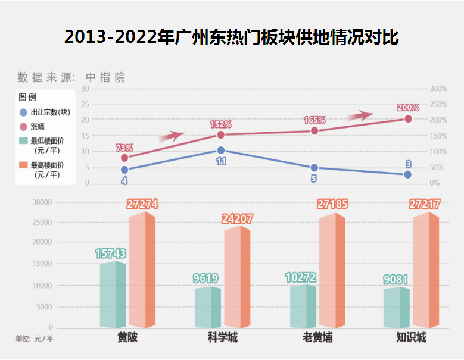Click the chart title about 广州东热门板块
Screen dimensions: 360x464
(232, 37)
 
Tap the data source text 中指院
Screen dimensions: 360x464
(105, 77)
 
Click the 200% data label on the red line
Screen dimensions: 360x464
(408, 108)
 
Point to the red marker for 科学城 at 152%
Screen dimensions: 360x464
(220, 134)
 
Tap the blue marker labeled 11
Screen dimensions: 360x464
(220, 151)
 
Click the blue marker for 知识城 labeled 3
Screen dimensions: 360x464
(408, 174)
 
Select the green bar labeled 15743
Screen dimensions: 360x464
(113, 295)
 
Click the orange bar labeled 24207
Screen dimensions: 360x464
(237, 278)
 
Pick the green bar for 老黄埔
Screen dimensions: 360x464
(303, 306)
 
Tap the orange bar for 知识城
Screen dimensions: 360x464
(426, 271)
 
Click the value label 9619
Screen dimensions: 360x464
(205, 278)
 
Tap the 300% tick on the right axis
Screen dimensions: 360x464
(438, 89)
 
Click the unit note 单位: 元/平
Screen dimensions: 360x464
(35, 339)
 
